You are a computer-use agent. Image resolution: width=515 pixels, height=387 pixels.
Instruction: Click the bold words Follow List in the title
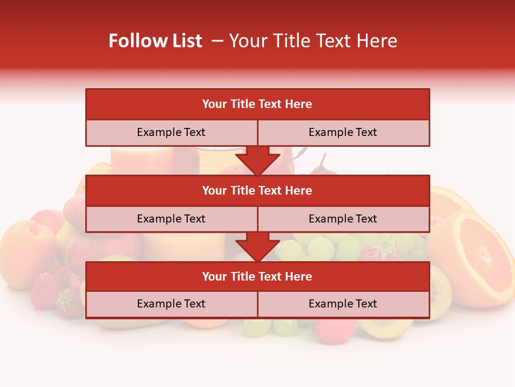click(x=155, y=41)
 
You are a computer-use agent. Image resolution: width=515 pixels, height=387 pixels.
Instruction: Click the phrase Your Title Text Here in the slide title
click(x=313, y=41)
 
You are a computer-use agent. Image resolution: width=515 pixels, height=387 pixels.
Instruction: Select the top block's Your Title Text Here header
click(x=257, y=104)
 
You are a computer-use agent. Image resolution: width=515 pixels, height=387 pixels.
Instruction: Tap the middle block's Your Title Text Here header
click(x=257, y=190)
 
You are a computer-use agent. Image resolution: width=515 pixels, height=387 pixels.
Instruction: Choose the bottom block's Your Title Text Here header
click(x=257, y=276)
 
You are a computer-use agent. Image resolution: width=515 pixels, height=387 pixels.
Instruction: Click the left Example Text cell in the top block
click(x=171, y=132)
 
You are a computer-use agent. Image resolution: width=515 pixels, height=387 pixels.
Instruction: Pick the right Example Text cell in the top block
click(x=343, y=132)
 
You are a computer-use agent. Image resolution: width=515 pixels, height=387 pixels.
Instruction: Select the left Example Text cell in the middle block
click(x=171, y=219)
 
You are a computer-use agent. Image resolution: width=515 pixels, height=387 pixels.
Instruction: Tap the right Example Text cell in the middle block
click(x=343, y=219)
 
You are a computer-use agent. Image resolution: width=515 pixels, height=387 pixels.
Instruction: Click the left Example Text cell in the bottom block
click(x=171, y=304)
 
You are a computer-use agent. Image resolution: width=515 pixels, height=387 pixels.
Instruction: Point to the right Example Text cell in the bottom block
click(x=343, y=304)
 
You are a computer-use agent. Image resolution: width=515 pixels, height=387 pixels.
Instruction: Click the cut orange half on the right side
click(x=475, y=258)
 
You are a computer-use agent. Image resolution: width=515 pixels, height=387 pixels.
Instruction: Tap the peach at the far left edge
click(x=24, y=253)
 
